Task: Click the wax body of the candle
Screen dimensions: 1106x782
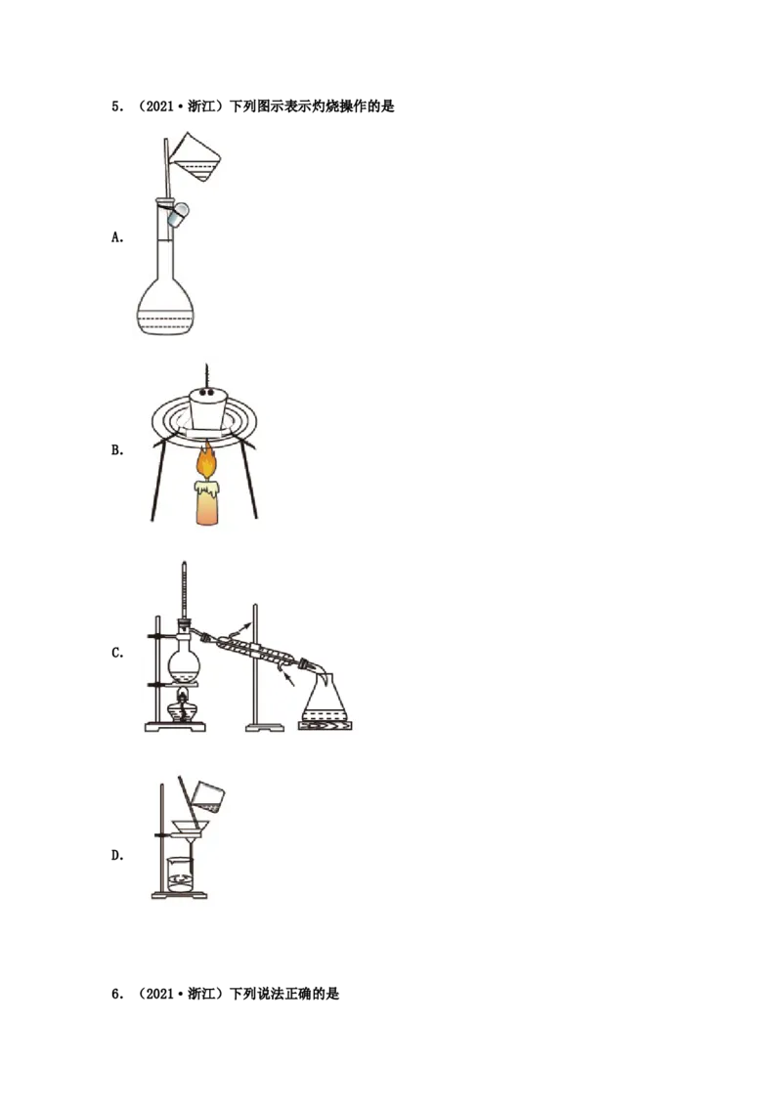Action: (207, 503)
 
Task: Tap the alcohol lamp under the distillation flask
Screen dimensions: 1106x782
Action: (182, 705)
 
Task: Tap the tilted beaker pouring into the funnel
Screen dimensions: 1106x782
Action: (209, 792)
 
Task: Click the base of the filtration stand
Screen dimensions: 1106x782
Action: (182, 895)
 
